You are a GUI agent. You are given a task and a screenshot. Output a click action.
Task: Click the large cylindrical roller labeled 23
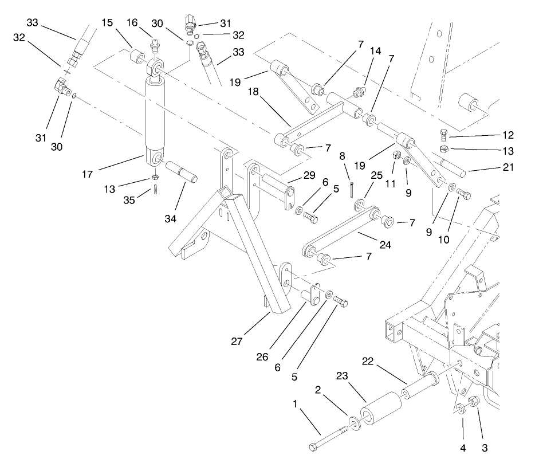[x=379, y=407]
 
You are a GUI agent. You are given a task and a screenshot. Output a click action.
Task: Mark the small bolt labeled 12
[x=444, y=136]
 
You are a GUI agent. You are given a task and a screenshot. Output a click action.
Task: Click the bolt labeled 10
[x=463, y=196]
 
